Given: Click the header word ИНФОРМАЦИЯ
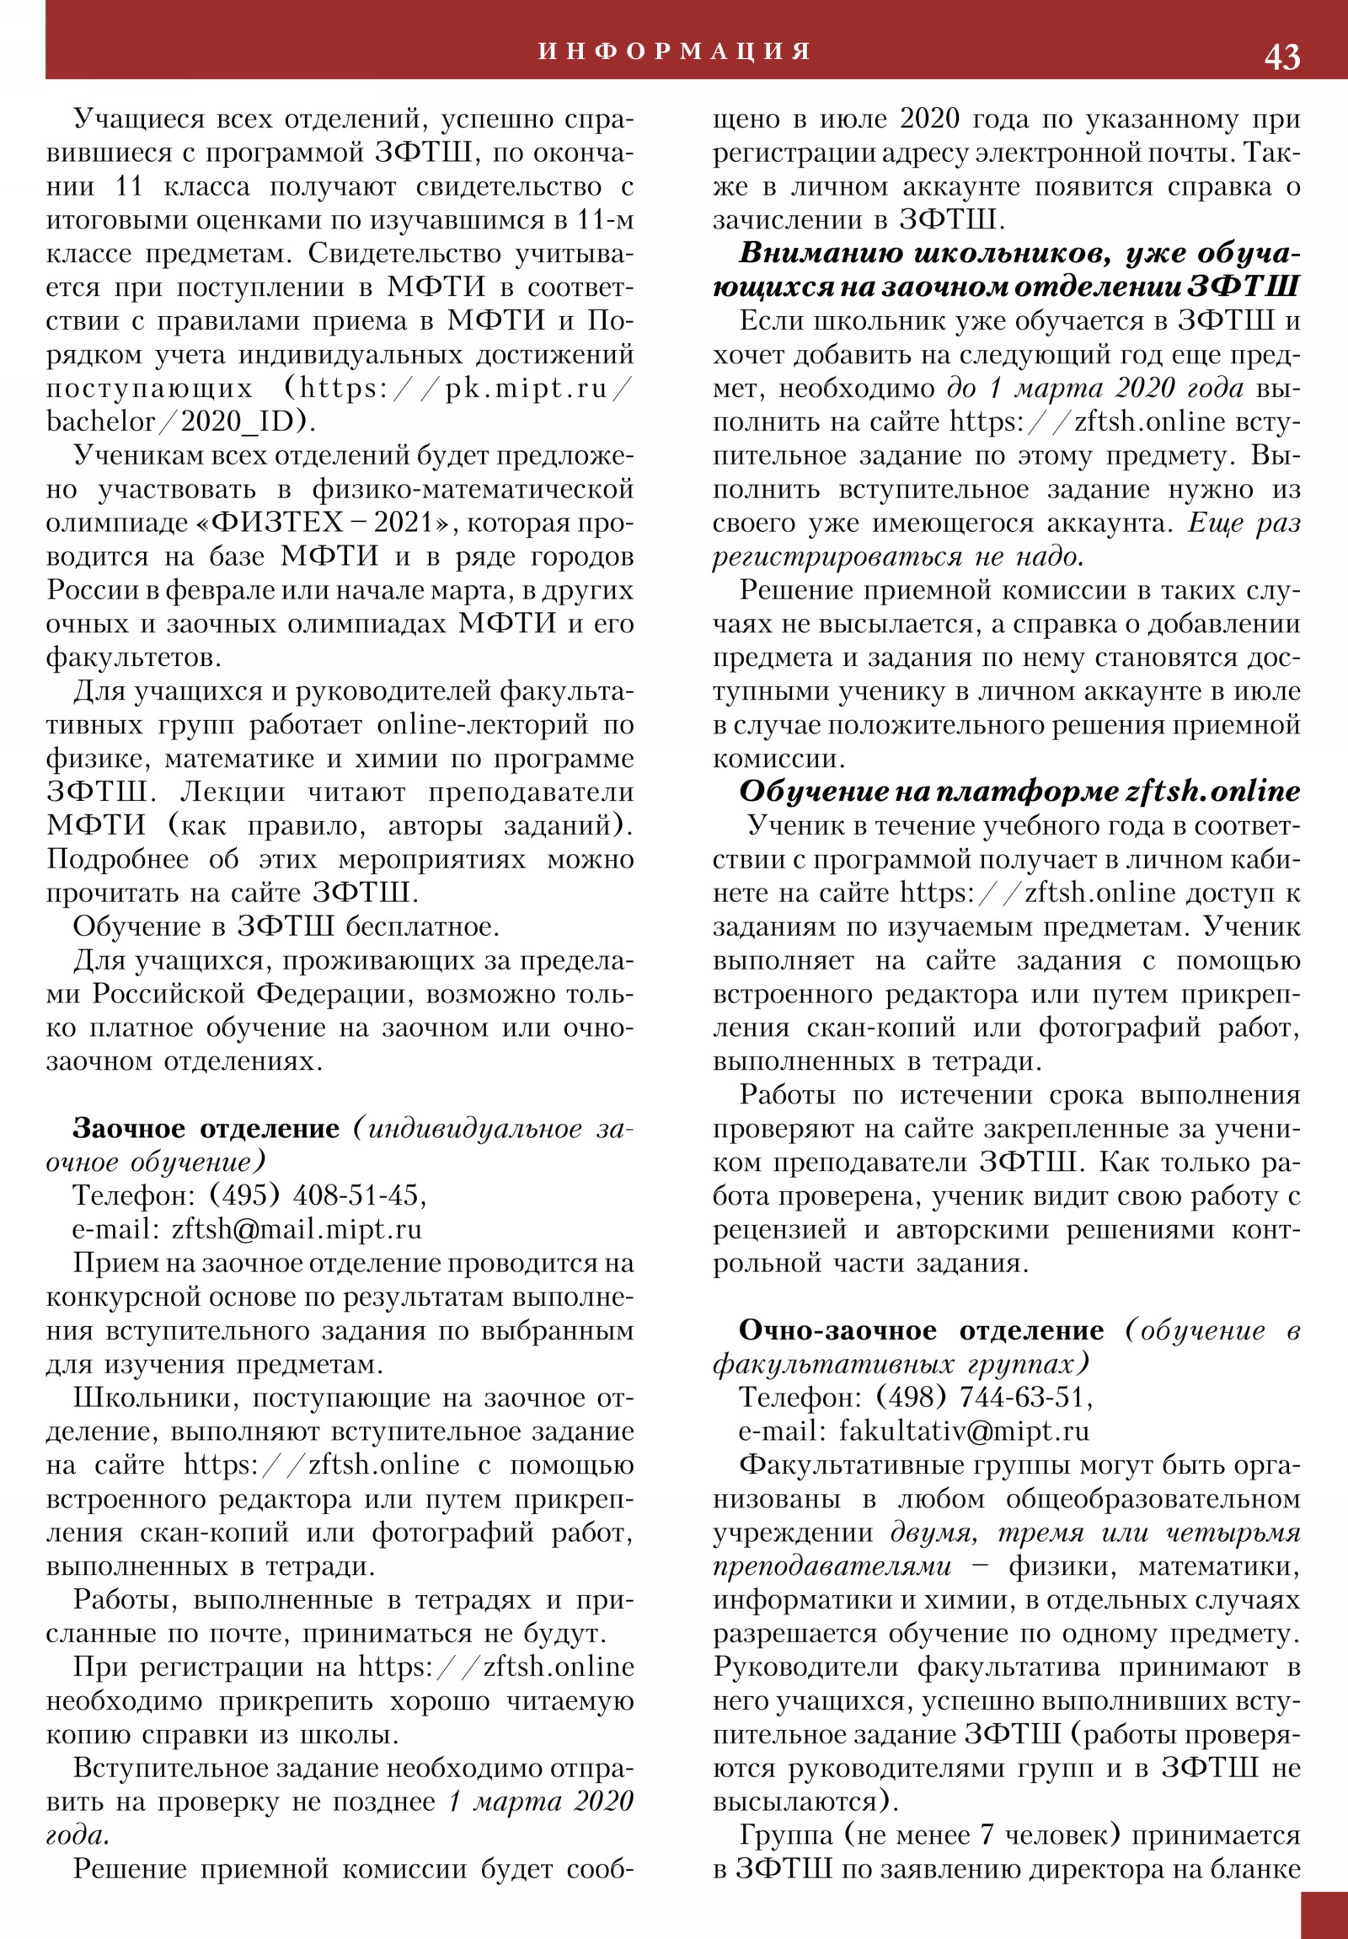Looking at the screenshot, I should (675, 51).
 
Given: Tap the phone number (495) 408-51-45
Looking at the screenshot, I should (318, 1195).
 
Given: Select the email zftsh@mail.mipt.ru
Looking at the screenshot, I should (297, 1229).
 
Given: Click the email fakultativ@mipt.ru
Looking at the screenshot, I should (964, 1431).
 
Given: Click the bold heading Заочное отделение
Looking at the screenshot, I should (206, 1128).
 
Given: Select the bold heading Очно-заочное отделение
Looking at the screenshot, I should (921, 1330).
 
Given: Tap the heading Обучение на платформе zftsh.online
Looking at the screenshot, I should (1019, 792).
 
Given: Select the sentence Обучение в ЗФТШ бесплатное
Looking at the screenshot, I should (286, 927).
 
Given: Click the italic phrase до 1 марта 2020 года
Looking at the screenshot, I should (1094, 389).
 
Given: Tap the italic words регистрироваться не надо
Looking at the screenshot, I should (898, 556).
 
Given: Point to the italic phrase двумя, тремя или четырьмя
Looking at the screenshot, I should (1094, 1532).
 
